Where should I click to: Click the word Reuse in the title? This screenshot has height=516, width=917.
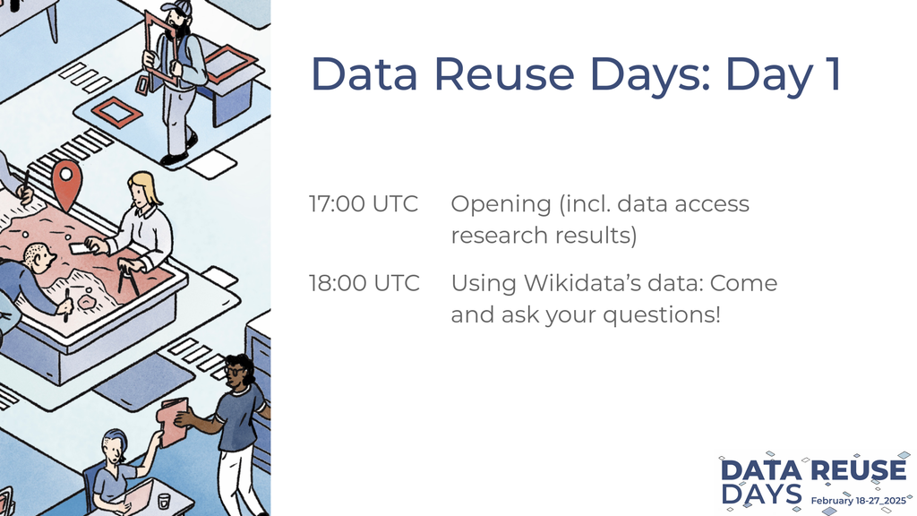503,73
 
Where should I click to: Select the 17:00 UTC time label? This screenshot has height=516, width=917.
364,203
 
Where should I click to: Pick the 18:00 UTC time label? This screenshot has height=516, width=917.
364,283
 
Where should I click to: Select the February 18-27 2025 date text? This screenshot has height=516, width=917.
858,501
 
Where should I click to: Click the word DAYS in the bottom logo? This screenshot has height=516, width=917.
761,494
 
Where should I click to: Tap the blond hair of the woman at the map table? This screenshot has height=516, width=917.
146,186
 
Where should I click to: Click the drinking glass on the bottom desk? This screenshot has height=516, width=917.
164,501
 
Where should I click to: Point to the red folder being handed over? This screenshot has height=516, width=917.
173,421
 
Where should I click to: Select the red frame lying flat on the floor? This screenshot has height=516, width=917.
117,111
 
